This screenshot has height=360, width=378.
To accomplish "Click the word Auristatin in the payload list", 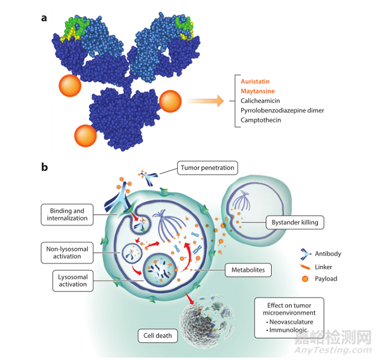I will (257, 81).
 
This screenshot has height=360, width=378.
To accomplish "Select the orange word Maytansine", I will (258, 91).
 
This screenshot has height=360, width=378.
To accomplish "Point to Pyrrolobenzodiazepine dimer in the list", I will (282, 110).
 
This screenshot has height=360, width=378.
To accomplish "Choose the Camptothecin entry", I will (261, 120).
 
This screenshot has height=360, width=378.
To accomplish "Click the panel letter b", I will (44, 166).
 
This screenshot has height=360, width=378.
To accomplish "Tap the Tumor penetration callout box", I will (207, 167).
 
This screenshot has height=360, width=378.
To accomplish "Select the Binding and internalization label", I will (67, 215).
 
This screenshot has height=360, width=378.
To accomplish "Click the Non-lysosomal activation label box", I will (67, 253).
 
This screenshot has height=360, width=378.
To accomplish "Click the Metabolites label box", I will (248, 271).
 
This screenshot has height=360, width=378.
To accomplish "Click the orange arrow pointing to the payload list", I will (205, 101).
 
